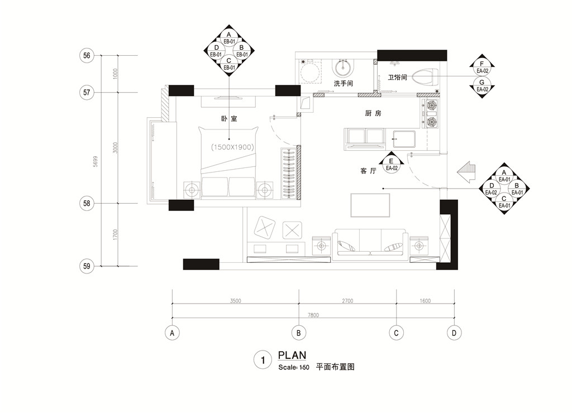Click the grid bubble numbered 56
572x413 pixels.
(87, 55)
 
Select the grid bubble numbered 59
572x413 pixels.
(87, 266)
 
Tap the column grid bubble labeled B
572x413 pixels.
(299, 333)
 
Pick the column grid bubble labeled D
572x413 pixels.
(454, 333)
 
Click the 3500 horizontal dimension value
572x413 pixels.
(236, 301)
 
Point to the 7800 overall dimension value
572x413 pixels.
(313, 315)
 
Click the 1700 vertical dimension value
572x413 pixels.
(115, 234)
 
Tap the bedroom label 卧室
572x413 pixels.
(229, 118)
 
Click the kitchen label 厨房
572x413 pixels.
(373, 113)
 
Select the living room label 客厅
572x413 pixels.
(368, 171)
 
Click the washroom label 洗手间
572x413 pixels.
(344, 84)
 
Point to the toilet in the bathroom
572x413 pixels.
(425, 77)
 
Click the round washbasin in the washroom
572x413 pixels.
(343, 68)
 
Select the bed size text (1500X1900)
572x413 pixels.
(232, 147)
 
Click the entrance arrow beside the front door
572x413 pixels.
(466, 172)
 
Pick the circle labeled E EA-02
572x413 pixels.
(392, 165)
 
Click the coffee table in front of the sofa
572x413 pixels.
(370, 205)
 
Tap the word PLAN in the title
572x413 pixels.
(292, 355)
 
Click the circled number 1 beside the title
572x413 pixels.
(263, 360)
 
